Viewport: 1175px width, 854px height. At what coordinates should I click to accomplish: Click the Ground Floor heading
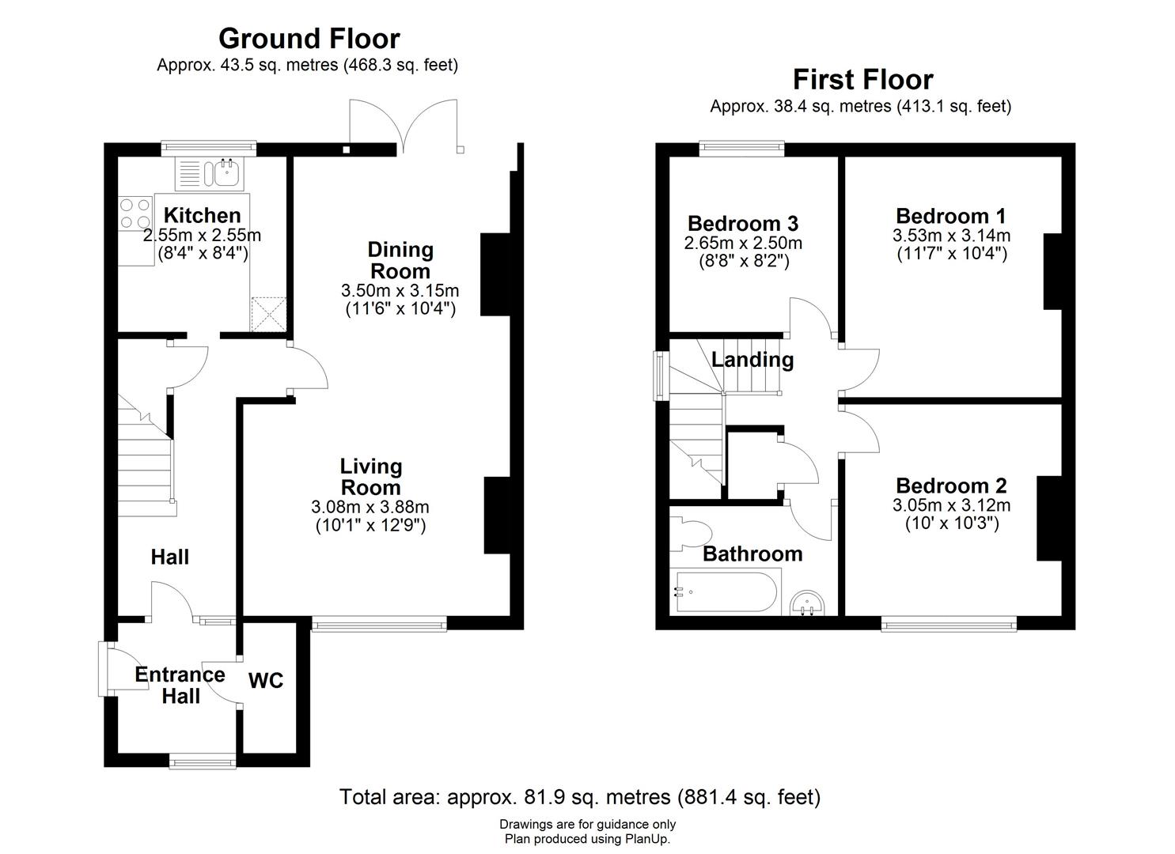click(309, 39)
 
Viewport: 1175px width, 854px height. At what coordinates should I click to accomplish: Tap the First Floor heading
click(863, 80)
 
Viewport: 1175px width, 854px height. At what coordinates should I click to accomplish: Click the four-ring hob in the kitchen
click(135, 213)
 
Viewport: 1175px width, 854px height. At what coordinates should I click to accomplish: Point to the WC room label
click(266, 681)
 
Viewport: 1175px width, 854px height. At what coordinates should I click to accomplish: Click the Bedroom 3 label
click(743, 224)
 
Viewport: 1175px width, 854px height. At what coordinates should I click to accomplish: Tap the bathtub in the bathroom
click(726, 592)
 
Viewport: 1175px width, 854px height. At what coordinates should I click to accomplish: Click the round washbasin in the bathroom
click(807, 603)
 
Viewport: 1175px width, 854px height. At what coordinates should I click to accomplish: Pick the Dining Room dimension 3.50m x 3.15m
click(400, 290)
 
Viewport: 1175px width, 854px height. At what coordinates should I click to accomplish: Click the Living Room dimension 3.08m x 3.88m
click(370, 507)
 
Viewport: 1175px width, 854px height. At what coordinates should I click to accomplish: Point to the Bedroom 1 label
click(951, 216)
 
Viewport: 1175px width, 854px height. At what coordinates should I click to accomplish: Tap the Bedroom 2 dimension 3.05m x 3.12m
click(952, 505)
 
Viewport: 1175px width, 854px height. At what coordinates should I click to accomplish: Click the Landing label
click(752, 360)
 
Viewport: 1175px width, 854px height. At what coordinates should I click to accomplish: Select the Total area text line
click(580, 797)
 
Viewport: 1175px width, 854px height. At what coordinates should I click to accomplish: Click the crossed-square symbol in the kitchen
click(268, 314)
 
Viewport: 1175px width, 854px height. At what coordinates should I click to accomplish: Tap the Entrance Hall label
click(180, 686)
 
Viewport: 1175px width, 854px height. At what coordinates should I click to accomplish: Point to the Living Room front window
click(379, 623)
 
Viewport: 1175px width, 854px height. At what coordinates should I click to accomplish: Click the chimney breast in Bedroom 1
click(1053, 271)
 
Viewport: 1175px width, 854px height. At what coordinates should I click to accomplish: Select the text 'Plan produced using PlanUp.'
click(587, 839)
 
